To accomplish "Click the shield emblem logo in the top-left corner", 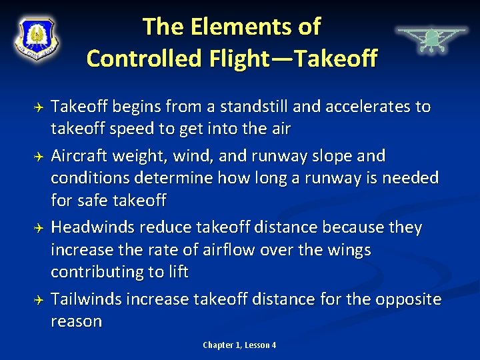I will coord(37,39).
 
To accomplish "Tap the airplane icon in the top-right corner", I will coord(431,39).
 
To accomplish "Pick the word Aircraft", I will coord(81,156).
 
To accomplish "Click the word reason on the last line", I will coord(76,321).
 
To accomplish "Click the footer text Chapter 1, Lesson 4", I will coord(239,345).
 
